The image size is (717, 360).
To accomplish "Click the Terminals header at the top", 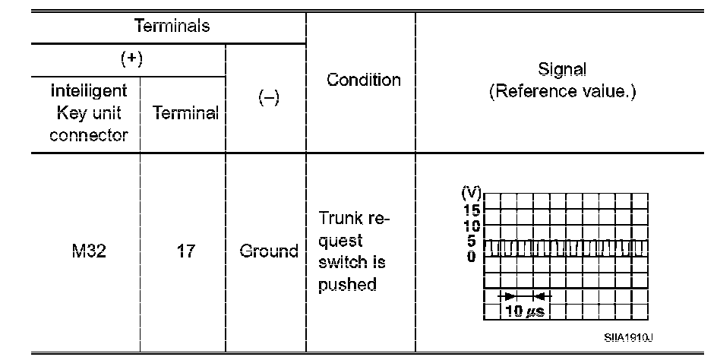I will point(172,27).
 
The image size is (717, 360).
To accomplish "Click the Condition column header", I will point(363,80).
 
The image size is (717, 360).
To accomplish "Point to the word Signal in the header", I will point(562,69).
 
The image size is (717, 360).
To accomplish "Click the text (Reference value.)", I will point(562,92).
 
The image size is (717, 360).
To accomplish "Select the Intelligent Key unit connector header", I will point(88,113).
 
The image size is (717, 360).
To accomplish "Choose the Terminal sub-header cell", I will point(185,114).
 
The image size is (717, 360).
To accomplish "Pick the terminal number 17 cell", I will point(185,251).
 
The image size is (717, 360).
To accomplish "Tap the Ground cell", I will point(268,251).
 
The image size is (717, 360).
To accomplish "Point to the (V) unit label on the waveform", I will point(470,193).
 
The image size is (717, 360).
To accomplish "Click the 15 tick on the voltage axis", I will point(472,210).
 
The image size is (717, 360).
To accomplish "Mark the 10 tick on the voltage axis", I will point(472,226).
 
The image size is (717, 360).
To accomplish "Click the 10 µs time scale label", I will point(526,311).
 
